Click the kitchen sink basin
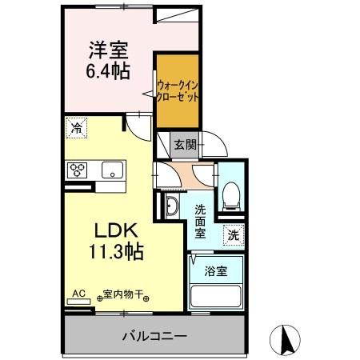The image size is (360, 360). point(111,169)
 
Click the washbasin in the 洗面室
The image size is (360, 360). point(172,206)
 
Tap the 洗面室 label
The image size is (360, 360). point(201,221)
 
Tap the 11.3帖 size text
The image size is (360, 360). point(116,253)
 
